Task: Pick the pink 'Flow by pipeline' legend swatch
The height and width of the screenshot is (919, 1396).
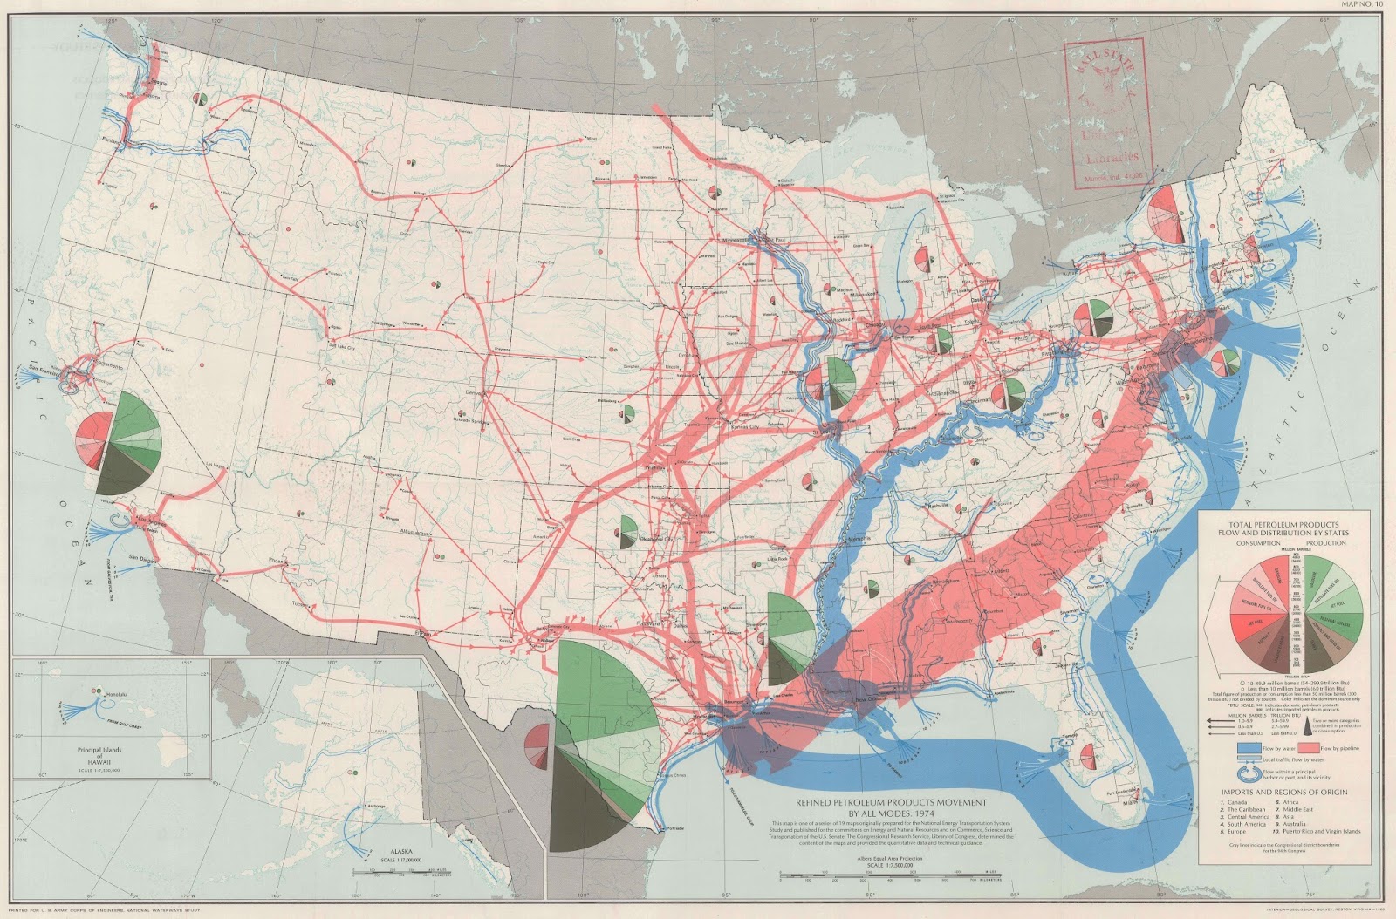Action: coord(1315,748)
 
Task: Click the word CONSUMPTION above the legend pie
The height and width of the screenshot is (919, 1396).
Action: coord(1257,542)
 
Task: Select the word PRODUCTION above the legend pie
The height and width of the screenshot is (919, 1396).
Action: coord(1325,542)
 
